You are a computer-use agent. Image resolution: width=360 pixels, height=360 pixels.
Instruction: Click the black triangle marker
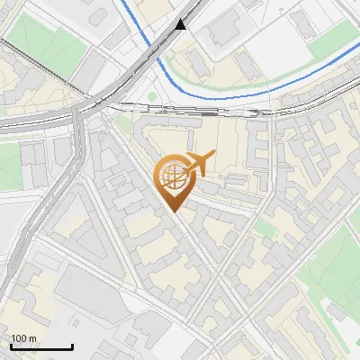click(x=183, y=24)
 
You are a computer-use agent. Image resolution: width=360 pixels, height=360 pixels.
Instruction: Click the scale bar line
click(x=41, y=346)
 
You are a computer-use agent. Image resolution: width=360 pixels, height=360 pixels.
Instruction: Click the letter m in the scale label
click(x=32, y=338)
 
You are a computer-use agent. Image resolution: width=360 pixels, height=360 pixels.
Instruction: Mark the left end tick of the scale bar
click(x=11, y=346)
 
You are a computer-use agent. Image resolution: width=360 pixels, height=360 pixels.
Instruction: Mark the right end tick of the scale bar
click(x=72, y=346)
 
